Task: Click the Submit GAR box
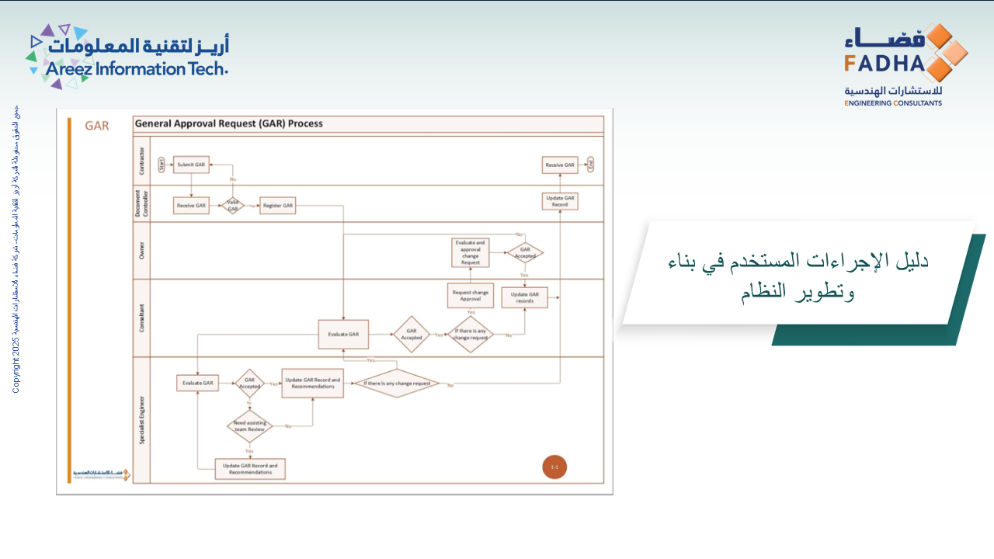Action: click(191, 165)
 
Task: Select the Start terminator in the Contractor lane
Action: click(162, 165)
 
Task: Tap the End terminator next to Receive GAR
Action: click(591, 165)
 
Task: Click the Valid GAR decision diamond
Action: click(232, 206)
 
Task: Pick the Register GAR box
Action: click(278, 206)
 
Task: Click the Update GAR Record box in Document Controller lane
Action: click(560, 201)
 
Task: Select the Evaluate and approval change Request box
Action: click(471, 252)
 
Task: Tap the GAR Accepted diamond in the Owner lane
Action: click(525, 252)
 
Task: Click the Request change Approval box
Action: click(471, 296)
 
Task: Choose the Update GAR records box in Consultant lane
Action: click(525, 297)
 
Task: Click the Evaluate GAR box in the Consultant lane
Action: click(343, 335)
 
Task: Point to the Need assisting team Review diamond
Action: click(249, 425)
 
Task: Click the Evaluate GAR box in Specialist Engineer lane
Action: click(197, 383)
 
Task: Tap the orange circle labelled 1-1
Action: click(554, 467)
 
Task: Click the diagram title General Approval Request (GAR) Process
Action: click(229, 123)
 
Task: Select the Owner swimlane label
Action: click(141, 250)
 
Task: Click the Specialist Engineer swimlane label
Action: click(141, 419)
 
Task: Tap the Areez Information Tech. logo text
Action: click(136, 68)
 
